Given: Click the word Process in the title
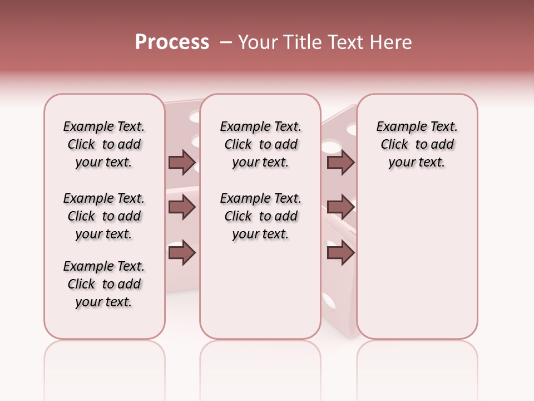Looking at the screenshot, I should pyautogui.click(x=172, y=42).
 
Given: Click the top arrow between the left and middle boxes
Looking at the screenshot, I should pyautogui.click(x=182, y=163).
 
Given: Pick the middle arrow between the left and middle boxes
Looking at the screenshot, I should pyautogui.click(x=182, y=208).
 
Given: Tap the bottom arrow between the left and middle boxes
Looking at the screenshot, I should pyautogui.click(x=182, y=253).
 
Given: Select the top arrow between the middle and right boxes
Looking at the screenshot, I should pyautogui.click(x=340, y=163).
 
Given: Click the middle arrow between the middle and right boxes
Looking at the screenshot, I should pyautogui.click(x=340, y=208).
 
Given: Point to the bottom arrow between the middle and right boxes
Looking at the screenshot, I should pyautogui.click(x=340, y=253).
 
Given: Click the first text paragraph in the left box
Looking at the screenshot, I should pyautogui.click(x=104, y=144).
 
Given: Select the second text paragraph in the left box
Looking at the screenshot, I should pyautogui.click(x=104, y=216).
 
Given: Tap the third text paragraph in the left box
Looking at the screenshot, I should pyautogui.click(x=104, y=284).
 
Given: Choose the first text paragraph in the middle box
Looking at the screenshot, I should pyautogui.click(x=260, y=144).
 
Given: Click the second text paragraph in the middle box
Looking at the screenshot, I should pyautogui.click(x=260, y=216).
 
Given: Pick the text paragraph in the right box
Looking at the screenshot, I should pyautogui.click(x=417, y=144).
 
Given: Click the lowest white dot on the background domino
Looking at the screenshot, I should pyautogui.click(x=329, y=301).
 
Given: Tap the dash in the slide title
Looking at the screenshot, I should pyautogui.click(x=225, y=43).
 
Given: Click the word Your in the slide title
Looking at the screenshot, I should pyautogui.click(x=258, y=42).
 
